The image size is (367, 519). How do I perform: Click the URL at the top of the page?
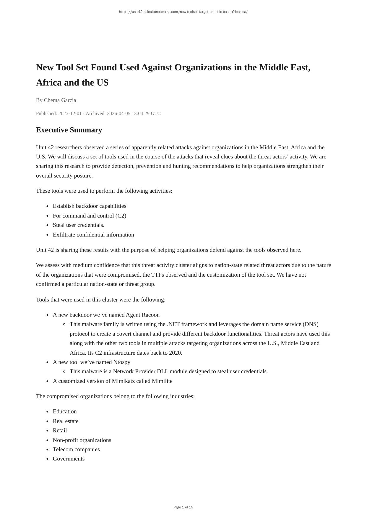point(183,12)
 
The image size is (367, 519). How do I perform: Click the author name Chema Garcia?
point(60,100)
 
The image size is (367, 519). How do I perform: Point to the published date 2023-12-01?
point(70,113)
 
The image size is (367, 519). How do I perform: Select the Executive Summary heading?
point(69,130)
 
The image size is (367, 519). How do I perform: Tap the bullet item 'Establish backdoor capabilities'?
point(89,206)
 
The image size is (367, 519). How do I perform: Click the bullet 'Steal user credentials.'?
point(78,225)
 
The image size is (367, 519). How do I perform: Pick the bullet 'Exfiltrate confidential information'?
point(93,235)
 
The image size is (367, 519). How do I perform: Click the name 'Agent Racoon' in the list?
point(143,315)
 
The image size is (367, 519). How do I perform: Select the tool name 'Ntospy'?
point(122,362)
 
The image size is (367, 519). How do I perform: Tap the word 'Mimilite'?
point(162,381)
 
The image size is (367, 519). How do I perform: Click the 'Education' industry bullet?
point(65,411)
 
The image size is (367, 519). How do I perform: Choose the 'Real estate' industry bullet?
point(66,421)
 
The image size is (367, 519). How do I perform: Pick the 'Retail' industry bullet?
point(60,430)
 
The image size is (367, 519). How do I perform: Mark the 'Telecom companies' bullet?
point(76,449)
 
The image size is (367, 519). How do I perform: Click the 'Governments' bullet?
point(69,459)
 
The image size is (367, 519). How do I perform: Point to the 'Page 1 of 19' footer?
point(183,507)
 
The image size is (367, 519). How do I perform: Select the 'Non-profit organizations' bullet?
point(82,440)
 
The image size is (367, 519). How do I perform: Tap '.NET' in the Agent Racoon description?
point(173,324)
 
